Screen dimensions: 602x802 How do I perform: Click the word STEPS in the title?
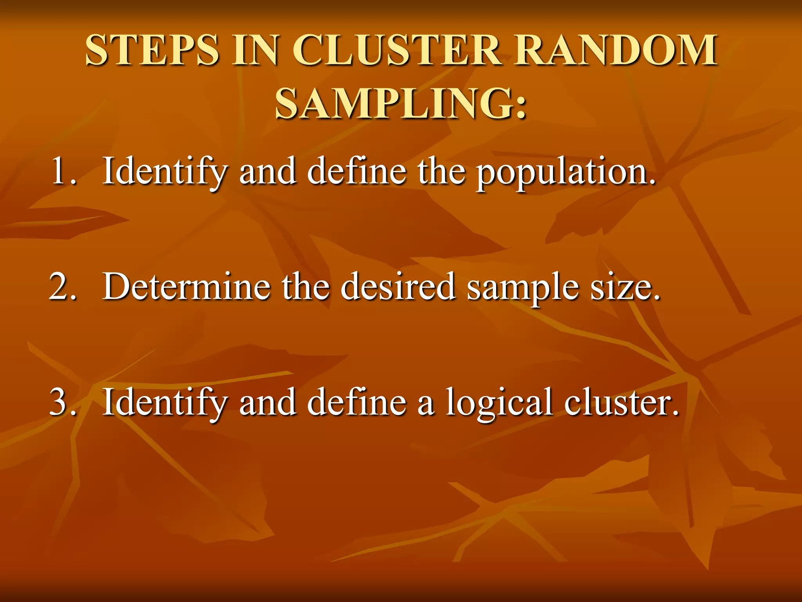click(152, 50)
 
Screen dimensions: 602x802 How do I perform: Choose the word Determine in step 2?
click(186, 286)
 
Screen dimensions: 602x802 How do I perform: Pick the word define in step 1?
click(356, 171)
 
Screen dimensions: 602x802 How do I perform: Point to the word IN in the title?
click(255, 50)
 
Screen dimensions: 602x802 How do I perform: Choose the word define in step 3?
click(356, 402)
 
